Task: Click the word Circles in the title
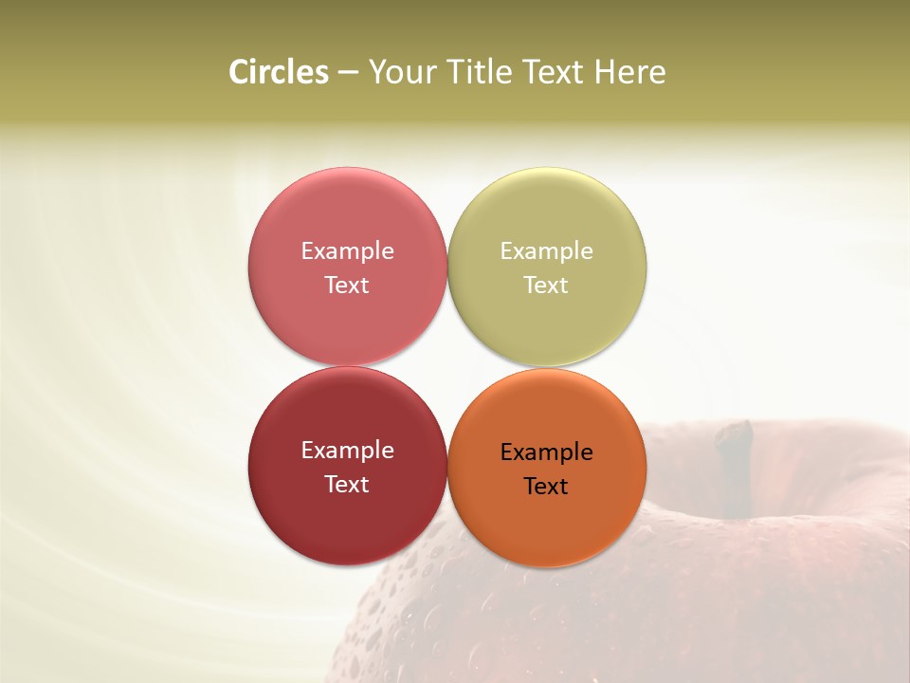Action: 278,72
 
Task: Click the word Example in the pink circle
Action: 347,250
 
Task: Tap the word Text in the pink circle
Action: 347,285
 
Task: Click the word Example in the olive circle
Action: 546,250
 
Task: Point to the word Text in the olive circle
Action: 546,285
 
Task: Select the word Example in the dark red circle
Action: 347,450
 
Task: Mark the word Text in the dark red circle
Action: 347,484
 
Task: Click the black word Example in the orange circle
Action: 546,452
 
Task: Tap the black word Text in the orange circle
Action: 546,486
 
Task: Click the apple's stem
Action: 735,465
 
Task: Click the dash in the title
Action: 348,72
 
